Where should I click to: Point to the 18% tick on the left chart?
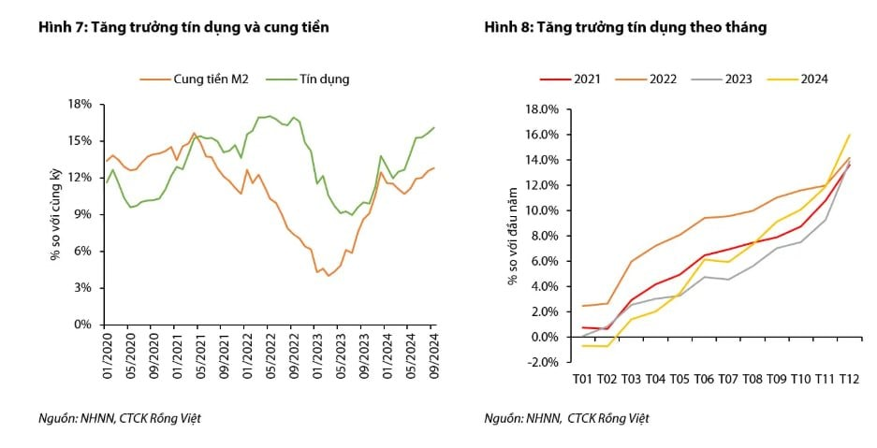click(x=80, y=104)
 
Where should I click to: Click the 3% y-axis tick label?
click(x=82, y=288)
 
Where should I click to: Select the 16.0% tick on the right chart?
click(x=542, y=135)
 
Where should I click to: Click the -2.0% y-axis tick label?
click(x=542, y=362)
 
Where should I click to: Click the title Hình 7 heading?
click(x=183, y=28)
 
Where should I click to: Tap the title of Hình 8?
click(x=625, y=28)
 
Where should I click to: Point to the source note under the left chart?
click(x=120, y=418)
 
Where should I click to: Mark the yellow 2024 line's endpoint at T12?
click(x=849, y=135)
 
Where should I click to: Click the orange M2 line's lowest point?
click(x=329, y=276)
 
